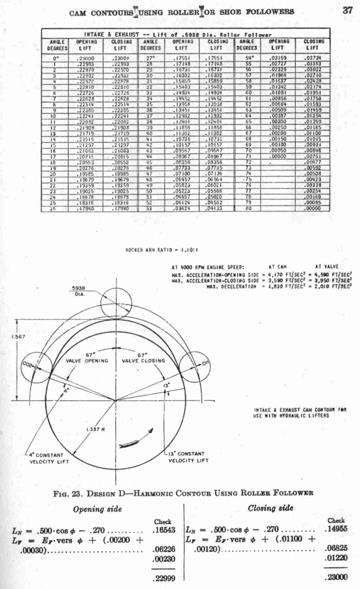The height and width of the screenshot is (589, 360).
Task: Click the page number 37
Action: (x=347, y=10)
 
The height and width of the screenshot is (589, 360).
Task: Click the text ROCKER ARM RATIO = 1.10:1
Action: (x=162, y=250)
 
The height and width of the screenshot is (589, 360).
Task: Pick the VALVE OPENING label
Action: (x=87, y=360)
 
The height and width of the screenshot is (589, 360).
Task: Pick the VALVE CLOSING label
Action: (x=143, y=360)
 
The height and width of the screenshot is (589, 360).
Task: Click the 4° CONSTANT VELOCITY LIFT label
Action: (x=49, y=458)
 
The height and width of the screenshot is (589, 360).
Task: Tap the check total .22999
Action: (x=164, y=578)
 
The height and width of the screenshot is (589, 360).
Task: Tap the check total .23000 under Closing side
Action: (x=336, y=577)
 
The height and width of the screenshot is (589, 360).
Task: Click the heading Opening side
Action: (x=97, y=509)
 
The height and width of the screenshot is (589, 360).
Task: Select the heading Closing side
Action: (x=271, y=508)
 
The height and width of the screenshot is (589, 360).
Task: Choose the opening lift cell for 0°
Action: (x=85, y=58)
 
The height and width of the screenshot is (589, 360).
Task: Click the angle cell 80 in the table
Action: (x=249, y=208)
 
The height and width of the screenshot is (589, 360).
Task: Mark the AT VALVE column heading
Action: (x=327, y=266)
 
